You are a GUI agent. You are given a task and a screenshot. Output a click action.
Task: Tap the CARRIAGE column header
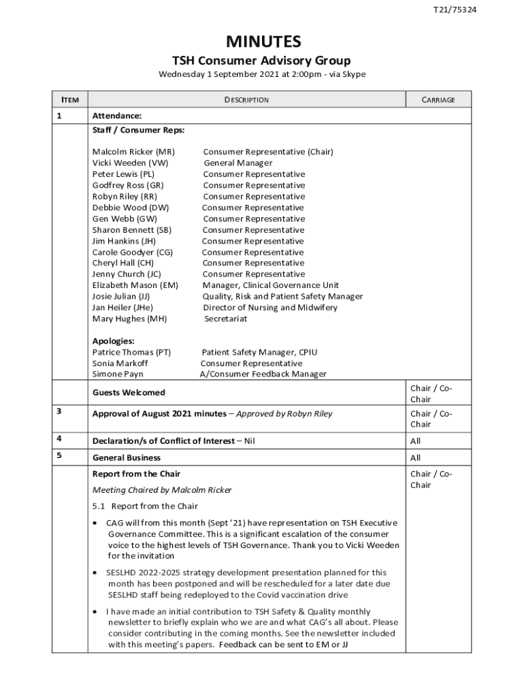438,100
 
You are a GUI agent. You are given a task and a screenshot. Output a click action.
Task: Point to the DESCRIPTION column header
246,100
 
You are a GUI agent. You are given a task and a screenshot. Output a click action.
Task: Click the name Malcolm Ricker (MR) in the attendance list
133,152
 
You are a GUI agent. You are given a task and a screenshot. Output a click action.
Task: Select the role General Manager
238,163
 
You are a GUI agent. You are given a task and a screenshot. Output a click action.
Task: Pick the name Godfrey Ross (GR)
128,185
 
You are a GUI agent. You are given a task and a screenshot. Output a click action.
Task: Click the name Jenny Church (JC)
127,274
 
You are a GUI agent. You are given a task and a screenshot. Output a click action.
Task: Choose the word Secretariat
226,319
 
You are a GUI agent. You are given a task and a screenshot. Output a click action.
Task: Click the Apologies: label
113,341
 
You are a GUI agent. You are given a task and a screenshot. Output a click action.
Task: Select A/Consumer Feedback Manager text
263,374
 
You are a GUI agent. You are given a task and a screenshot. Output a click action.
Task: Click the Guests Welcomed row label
129,393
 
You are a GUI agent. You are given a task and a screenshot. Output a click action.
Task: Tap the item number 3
59,411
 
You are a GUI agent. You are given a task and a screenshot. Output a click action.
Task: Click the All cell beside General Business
415,458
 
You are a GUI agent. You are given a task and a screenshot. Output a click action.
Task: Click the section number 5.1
99,506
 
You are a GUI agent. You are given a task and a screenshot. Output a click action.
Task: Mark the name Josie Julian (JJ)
122,297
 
